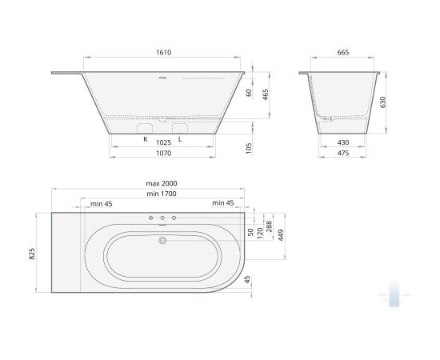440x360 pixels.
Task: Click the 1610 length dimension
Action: click(x=162, y=52)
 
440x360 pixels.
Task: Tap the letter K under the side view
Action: click(x=145, y=139)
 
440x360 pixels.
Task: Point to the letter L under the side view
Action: click(x=180, y=139)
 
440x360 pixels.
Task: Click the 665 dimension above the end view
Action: click(x=342, y=52)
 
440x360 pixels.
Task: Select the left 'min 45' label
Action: click(x=102, y=204)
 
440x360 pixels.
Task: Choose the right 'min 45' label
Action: click(x=223, y=204)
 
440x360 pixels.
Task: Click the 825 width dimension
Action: click(x=32, y=254)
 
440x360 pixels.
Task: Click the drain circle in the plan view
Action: click(x=162, y=240)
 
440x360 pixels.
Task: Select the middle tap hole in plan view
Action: click(x=162, y=218)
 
